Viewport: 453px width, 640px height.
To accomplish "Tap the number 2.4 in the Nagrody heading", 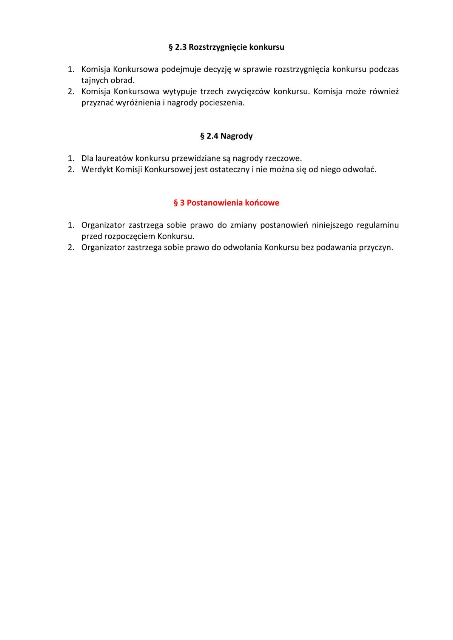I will click(x=212, y=136).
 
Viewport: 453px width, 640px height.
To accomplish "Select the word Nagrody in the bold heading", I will click(x=236, y=136).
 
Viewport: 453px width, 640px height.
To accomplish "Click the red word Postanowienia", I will click(x=214, y=203).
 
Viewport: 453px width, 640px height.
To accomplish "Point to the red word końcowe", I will click(x=262, y=203).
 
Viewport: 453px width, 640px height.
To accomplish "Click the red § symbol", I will click(x=176, y=203).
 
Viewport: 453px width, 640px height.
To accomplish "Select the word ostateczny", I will click(x=229, y=169).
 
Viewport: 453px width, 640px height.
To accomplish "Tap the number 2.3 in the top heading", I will click(x=181, y=47).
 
